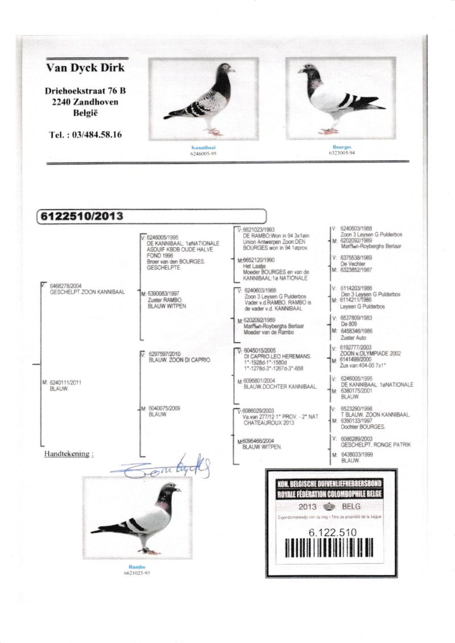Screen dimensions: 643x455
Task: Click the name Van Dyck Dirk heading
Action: tap(85, 69)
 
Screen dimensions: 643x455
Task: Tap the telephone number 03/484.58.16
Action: tap(85, 135)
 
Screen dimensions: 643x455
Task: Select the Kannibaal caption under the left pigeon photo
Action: tap(203, 147)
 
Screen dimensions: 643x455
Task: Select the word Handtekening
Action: tap(68, 454)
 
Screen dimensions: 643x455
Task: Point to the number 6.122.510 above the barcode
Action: tap(332, 533)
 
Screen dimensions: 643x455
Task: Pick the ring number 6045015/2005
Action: tap(259, 351)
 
